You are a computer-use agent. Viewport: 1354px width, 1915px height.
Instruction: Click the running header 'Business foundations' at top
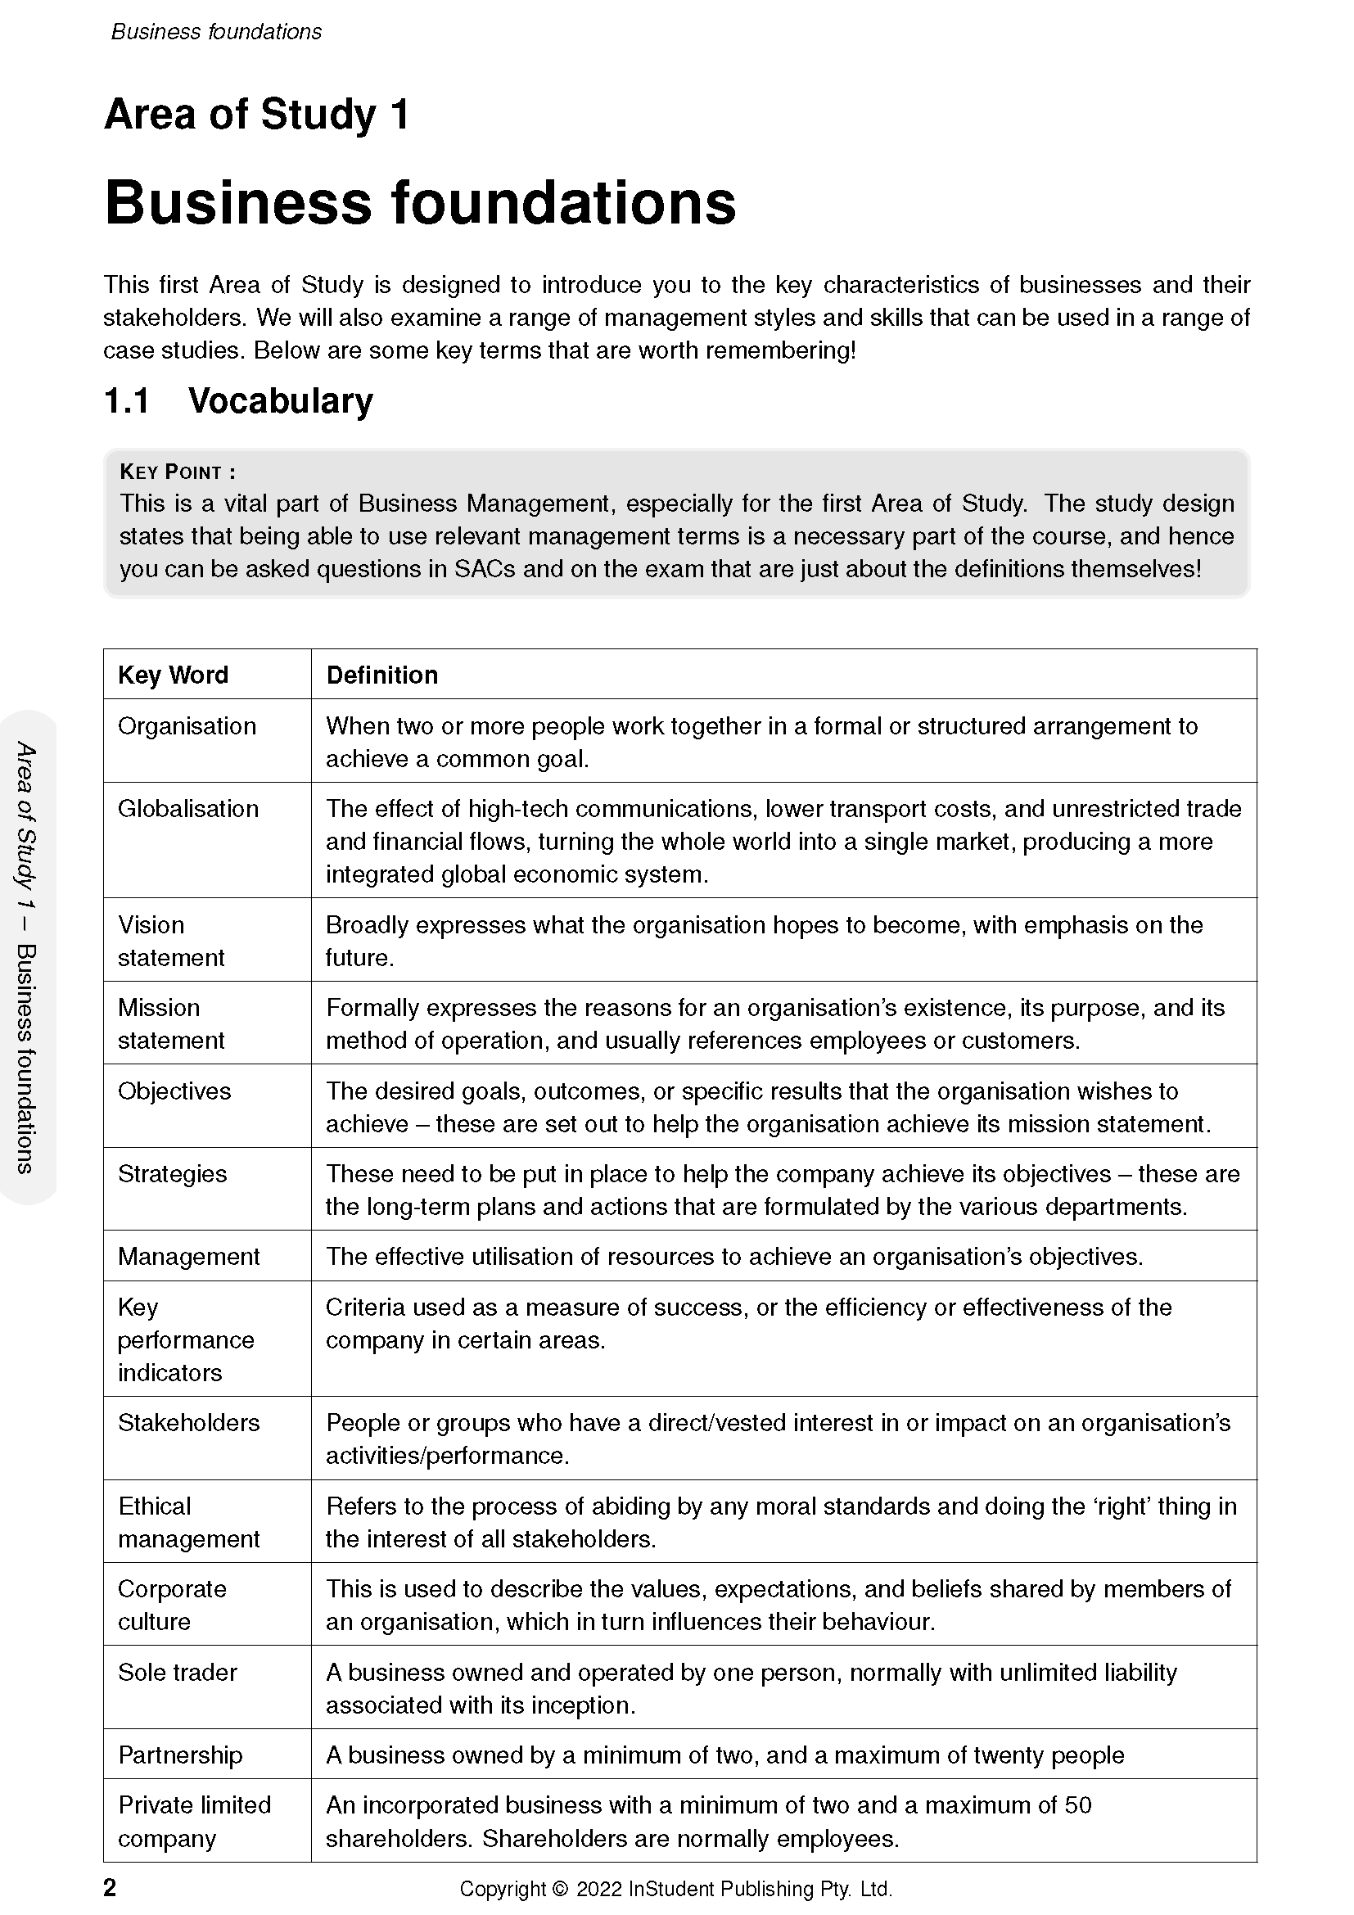coord(216,32)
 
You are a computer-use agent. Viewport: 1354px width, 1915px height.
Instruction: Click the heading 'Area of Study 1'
coord(257,115)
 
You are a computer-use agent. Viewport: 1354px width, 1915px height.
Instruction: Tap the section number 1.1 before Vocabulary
coord(127,401)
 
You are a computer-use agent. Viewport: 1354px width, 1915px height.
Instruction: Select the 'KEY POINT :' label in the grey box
coord(178,472)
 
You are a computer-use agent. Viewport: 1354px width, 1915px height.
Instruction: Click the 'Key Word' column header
coord(173,675)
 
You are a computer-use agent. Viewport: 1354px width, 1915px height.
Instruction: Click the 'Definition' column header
coord(381,675)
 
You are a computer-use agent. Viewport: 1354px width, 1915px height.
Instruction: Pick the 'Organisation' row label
coord(187,725)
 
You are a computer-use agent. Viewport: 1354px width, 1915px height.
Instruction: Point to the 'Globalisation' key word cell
coord(188,808)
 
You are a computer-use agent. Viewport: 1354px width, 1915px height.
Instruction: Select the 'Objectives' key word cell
coord(174,1091)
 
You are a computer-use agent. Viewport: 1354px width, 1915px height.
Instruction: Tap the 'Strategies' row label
coord(172,1173)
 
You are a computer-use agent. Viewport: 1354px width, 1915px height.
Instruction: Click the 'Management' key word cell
coord(188,1256)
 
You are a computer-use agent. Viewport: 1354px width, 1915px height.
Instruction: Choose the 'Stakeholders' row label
coord(188,1422)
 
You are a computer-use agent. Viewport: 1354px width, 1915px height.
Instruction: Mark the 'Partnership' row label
coord(180,1755)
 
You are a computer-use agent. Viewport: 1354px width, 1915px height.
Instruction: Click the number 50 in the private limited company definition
coord(1078,1805)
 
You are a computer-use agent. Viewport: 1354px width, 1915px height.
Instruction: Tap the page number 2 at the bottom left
coord(110,1887)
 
